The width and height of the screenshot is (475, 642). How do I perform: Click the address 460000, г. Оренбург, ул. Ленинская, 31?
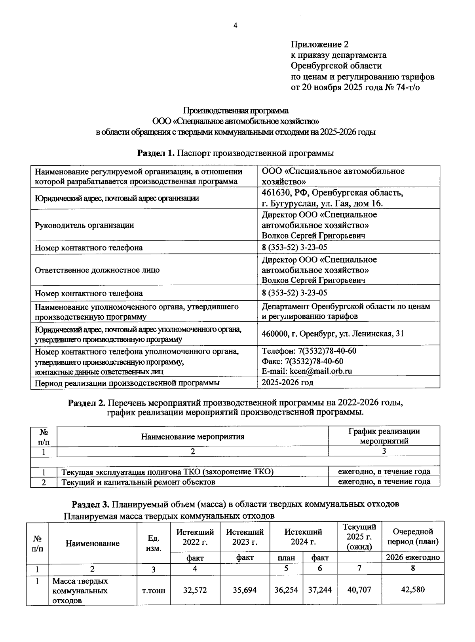click(332, 333)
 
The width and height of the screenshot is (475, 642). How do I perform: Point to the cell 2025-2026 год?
click(287, 382)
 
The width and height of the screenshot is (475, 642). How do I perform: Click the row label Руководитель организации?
click(84, 225)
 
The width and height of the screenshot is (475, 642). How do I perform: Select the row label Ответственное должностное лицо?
click(97, 270)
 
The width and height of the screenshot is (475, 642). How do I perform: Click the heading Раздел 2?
click(87, 403)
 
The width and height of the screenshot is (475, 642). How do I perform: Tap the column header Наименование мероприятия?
click(192, 437)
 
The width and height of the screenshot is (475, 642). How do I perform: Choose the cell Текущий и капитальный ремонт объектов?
click(138, 482)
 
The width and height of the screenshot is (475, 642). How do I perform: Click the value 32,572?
click(195, 590)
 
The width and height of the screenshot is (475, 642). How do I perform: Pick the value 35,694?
click(245, 590)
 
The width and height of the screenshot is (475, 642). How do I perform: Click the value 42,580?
click(412, 589)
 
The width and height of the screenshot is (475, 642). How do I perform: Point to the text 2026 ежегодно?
click(412, 557)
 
